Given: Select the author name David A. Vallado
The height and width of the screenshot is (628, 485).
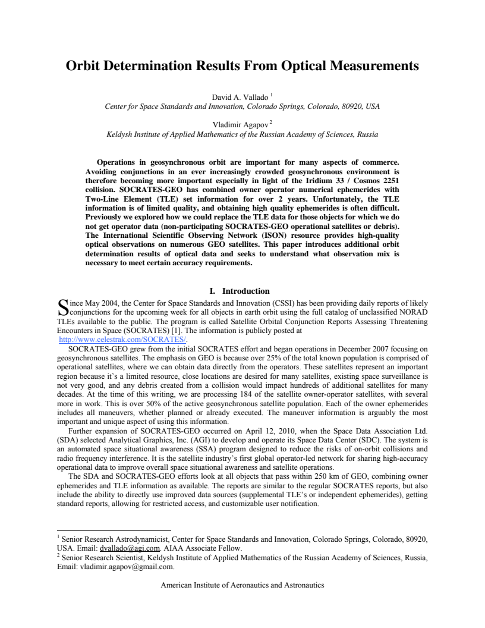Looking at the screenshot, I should point(240,97).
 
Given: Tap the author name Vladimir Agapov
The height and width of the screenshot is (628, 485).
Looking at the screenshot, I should point(240,125).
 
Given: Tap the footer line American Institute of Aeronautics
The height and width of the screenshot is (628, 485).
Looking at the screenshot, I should point(242,585).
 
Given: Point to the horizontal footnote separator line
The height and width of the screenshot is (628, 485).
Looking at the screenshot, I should point(114,530).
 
